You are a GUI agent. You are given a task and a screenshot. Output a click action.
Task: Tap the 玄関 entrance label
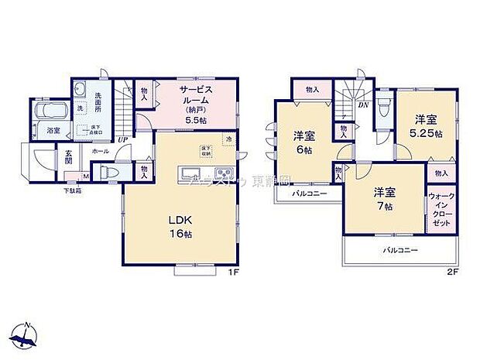[x=68, y=157]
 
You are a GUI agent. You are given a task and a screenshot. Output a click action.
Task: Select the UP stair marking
[x=122, y=139]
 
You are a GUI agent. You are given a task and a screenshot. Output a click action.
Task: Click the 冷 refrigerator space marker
[x=228, y=139]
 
